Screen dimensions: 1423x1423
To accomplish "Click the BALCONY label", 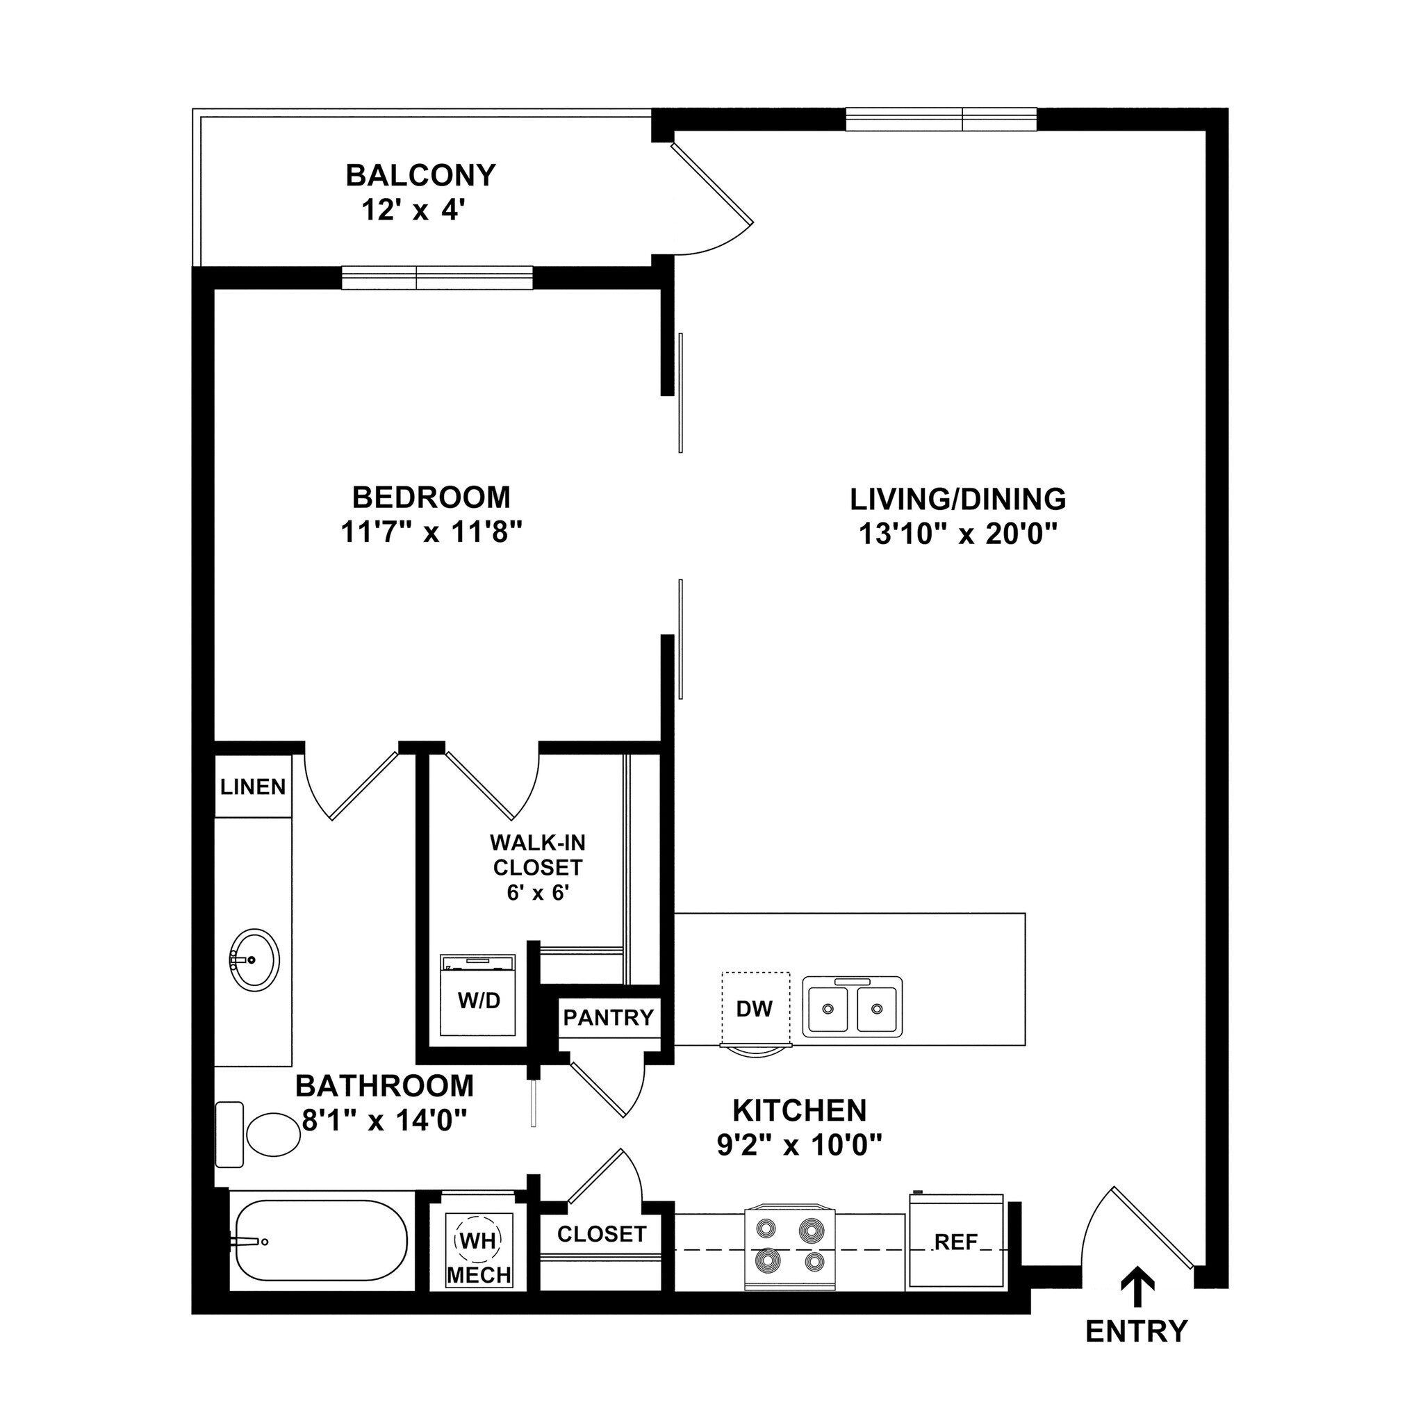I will (420, 175).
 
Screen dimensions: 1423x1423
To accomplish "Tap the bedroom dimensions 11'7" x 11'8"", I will (431, 532).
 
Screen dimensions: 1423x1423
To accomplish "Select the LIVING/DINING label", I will (957, 500).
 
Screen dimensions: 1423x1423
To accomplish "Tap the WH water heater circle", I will (479, 1240).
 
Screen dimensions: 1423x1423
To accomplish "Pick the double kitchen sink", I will (852, 1007).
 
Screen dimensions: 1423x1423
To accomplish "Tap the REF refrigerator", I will (956, 1242).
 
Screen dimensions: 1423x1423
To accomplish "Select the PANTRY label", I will (609, 1017).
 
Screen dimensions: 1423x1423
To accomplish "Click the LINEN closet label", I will (253, 787).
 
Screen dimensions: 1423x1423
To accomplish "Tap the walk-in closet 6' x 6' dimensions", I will (538, 894).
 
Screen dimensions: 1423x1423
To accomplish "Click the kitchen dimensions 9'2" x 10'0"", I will (799, 1145).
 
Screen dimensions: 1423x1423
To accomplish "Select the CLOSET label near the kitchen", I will (601, 1234).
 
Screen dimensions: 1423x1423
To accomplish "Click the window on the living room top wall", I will (941, 119).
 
